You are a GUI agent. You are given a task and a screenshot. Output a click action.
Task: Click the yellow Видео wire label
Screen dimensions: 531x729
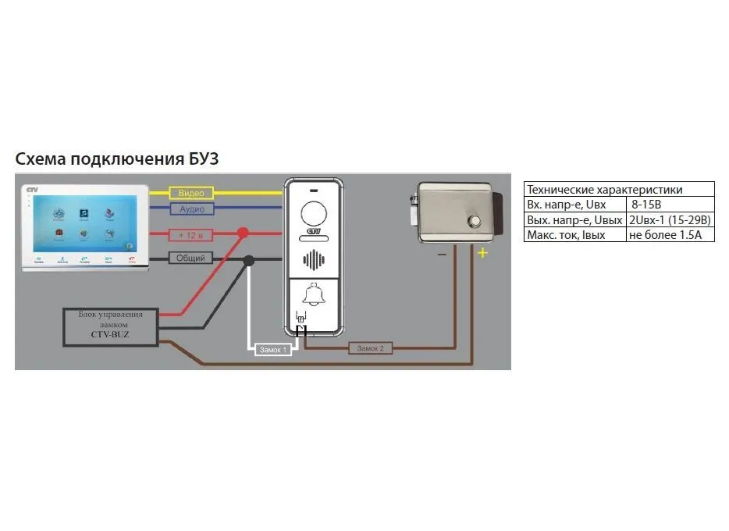[190, 192]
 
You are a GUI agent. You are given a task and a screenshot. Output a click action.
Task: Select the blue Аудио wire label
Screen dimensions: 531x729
[191, 209]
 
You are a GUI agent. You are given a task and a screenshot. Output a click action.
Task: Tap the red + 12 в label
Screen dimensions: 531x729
[190, 234]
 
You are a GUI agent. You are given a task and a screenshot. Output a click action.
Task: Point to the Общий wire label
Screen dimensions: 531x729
[190, 258]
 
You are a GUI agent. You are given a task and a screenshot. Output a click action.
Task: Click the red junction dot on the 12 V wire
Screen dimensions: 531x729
[243, 233]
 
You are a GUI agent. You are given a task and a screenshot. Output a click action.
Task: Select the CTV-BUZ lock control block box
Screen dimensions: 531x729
[110, 327]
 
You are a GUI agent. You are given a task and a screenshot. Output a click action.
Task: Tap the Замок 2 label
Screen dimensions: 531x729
[370, 348]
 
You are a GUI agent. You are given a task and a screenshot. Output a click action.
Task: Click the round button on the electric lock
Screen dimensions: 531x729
[474, 222]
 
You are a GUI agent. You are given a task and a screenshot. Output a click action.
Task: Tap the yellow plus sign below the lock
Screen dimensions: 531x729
[482, 252]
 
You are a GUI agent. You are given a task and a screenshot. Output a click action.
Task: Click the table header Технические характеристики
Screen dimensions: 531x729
[605, 189]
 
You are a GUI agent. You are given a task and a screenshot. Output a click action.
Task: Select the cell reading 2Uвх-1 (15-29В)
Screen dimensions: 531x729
[669, 219]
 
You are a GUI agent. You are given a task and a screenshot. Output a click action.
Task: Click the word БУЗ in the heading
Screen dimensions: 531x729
[201, 159]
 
